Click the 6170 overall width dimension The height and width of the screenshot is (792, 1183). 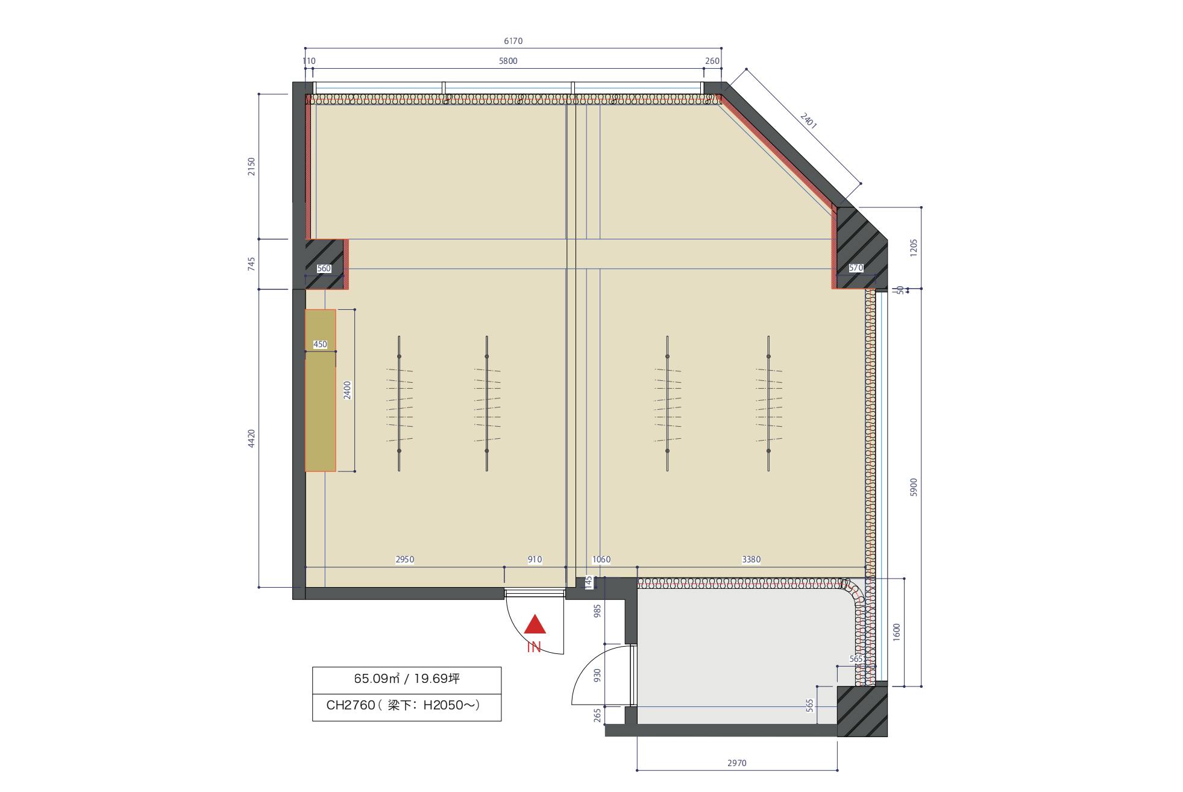click(513, 41)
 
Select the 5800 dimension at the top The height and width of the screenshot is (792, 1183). click(508, 61)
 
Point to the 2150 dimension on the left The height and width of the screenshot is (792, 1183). click(252, 166)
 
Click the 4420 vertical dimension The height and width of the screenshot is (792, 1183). click(252, 438)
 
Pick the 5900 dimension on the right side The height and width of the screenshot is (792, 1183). click(913, 487)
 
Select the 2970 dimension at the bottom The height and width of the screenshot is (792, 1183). click(736, 763)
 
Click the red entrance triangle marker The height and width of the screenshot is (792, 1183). click(535, 625)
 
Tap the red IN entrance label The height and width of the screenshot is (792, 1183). click(534, 648)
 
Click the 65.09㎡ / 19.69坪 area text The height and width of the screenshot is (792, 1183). click(407, 679)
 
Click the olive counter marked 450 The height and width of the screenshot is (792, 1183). click(321, 390)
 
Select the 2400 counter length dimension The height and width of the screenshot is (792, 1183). click(347, 391)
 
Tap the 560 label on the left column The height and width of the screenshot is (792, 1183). click(324, 269)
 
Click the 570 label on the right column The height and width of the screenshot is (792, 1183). click(856, 268)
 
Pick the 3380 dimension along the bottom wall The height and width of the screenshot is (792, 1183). click(751, 559)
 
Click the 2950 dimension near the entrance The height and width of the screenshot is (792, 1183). click(404, 559)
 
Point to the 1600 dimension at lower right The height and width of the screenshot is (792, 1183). click(896, 632)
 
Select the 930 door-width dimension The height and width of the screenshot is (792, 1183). click(597, 675)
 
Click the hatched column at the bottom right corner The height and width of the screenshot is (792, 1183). click(862, 711)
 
